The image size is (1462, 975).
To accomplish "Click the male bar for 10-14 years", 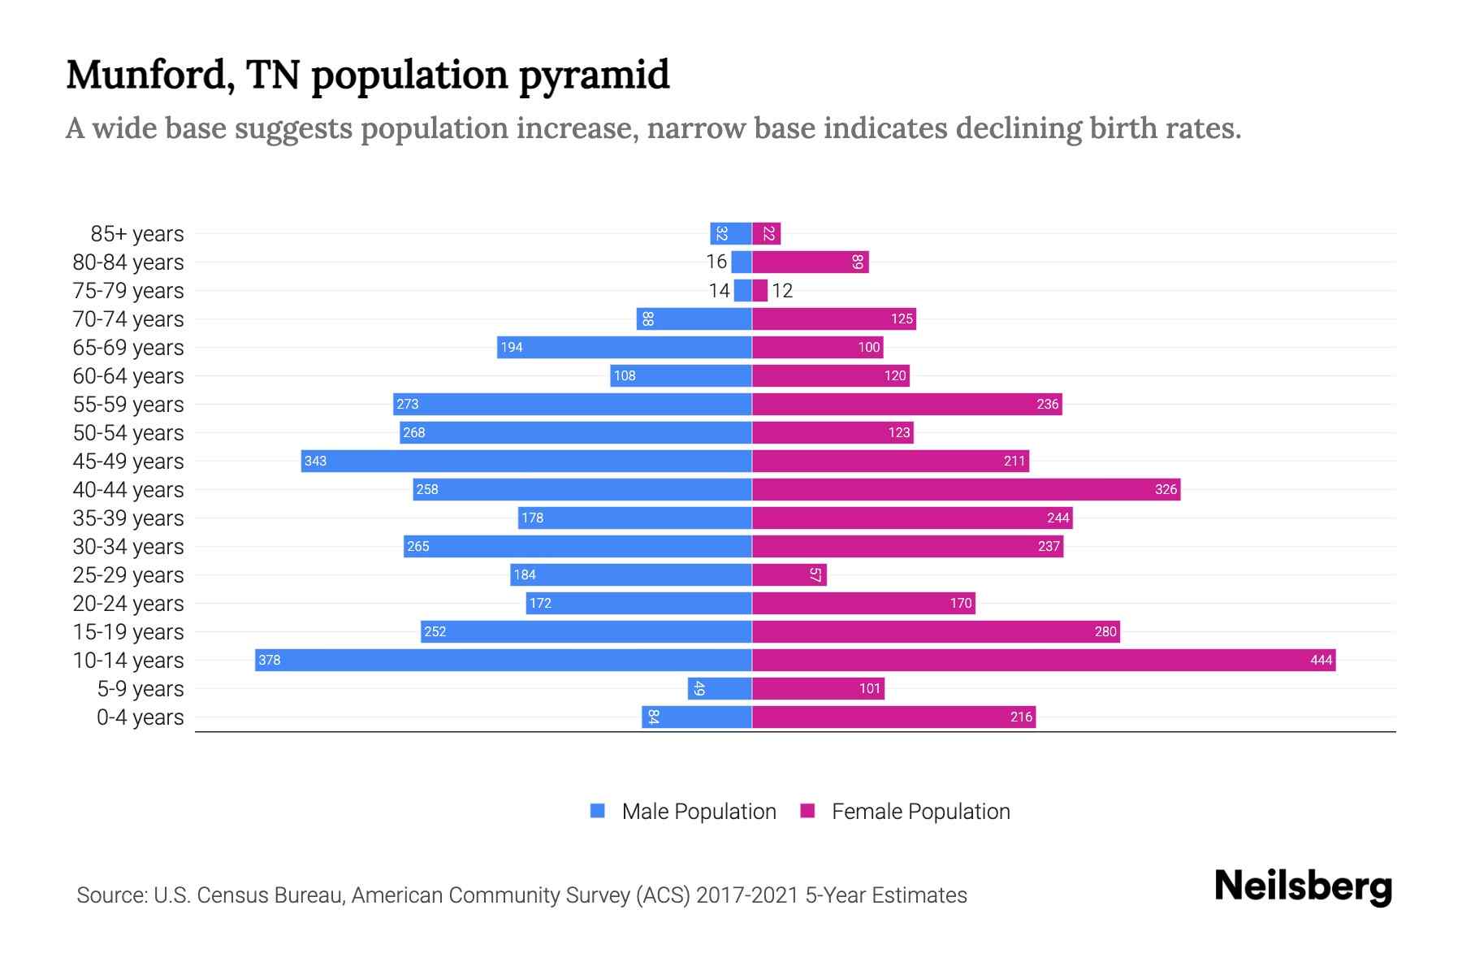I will click(504, 660).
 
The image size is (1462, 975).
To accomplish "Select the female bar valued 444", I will click(1044, 660).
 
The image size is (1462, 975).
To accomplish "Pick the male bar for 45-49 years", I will click(526, 461).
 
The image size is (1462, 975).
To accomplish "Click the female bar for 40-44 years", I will click(966, 489).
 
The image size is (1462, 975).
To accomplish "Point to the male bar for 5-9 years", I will click(720, 688).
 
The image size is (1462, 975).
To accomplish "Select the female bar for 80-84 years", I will click(811, 262).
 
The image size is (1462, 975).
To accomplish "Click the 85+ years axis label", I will click(137, 234).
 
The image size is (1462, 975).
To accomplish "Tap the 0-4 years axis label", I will click(140, 717).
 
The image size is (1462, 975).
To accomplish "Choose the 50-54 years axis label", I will click(128, 433).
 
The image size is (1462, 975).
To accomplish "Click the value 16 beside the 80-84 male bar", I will click(716, 262).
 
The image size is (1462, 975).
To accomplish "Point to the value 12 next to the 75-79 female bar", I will click(782, 291).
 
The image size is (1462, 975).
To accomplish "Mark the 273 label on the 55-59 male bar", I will click(408, 404).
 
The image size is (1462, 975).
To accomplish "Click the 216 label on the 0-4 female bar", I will click(1021, 717).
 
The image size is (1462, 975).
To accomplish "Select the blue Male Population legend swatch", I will click(598, 811).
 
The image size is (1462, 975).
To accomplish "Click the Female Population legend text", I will click(920, 812).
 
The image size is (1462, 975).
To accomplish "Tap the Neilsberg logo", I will click(1303, 886).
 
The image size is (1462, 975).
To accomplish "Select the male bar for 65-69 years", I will click(625, 347).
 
